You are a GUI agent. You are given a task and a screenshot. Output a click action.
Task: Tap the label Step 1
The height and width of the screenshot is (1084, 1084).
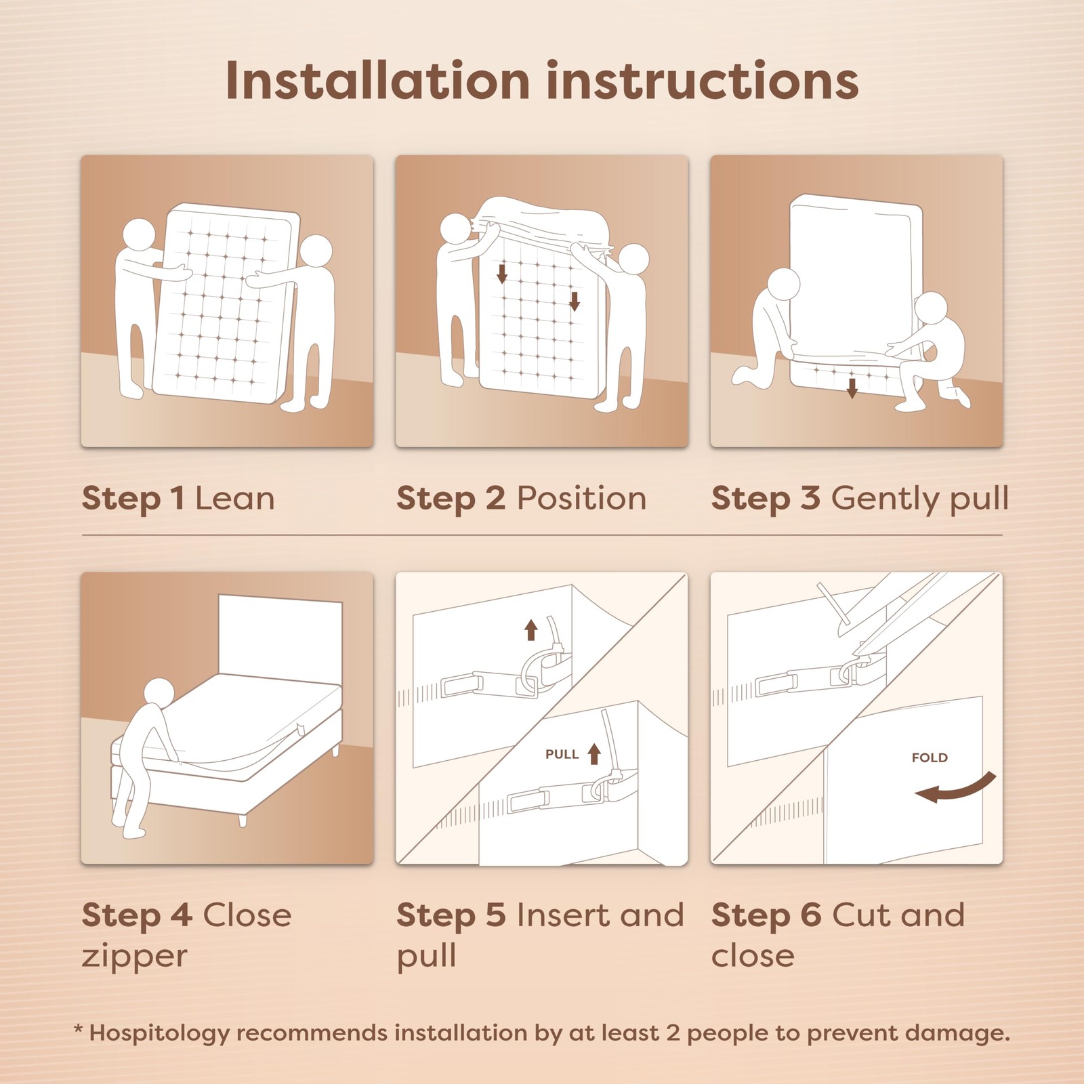click(133, 499)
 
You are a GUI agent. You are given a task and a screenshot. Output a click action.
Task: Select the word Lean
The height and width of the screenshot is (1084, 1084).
click(234, 499)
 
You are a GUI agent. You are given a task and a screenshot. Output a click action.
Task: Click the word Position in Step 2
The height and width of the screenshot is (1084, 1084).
click(581, 499)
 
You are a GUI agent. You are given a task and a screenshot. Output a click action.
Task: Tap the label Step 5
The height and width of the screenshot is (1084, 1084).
click(451, 915)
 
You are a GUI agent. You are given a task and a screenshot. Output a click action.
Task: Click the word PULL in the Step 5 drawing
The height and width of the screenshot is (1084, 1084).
click(562, 754)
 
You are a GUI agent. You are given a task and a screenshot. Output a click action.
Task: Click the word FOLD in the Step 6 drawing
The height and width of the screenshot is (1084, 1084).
click(930, 757)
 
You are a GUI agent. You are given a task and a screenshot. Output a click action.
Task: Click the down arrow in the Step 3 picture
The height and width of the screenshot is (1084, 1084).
click(852, 387)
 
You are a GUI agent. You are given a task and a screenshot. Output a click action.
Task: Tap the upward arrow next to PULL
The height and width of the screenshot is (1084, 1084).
click(594, 753)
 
